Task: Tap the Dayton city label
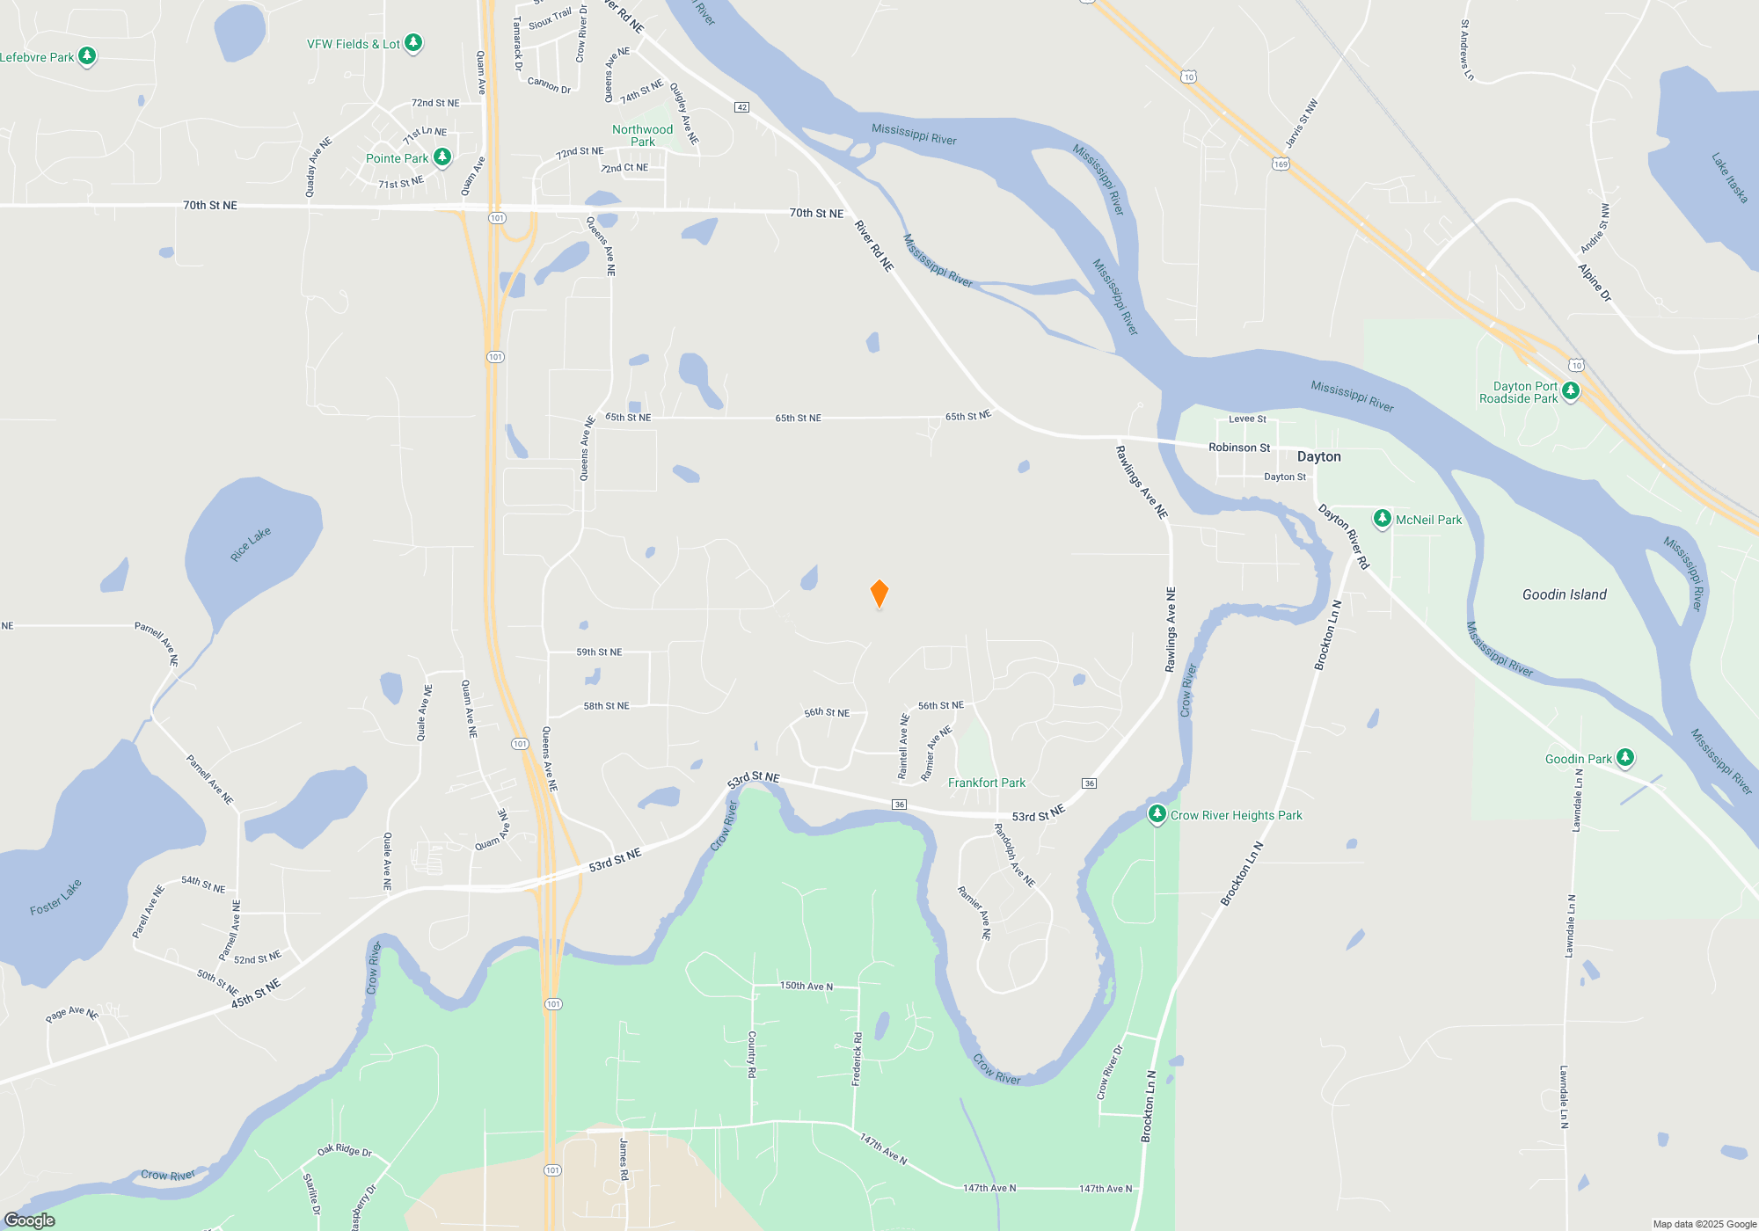(1318, 456)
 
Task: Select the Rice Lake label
(251, 544)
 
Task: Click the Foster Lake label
(55, 897)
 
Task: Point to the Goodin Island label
(1564, 595)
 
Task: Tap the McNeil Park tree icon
(1382, 518)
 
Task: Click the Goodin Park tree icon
(1624, 757)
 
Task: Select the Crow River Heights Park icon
(1157, 813)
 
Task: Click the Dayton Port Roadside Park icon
(1570, 390)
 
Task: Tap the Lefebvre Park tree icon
(86, 56)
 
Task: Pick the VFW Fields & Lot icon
(412, 42)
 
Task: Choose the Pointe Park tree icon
(442, 157)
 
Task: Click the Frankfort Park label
(987, 783)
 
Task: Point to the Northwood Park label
(642, 135)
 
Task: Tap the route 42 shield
(741, 107)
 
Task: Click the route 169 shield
(1281, 164)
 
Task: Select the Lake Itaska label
(1729, 178)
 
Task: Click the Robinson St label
(1239, 448)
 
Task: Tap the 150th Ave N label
(806, 986)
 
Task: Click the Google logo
(30, 1220)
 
